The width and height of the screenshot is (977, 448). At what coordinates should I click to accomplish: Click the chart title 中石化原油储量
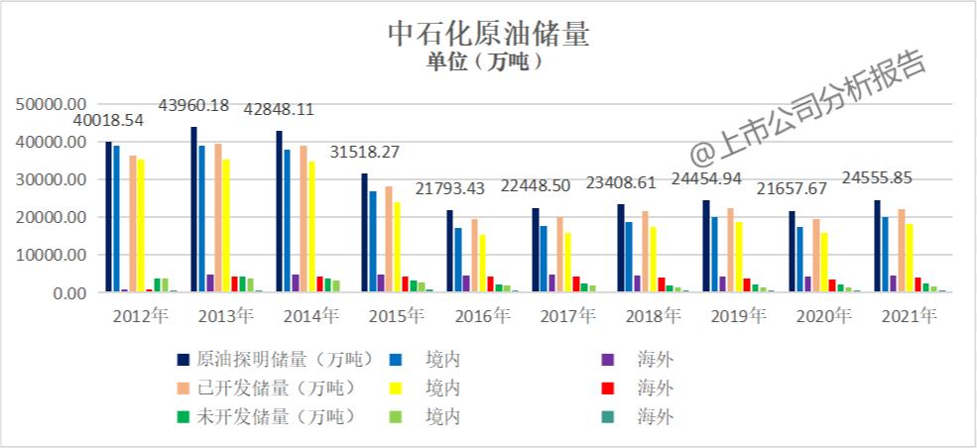click(x=488, y=35)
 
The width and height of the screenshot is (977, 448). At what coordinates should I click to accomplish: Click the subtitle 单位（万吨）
click(x=488, y=62)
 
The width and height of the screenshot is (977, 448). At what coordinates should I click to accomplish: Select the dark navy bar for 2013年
click(x=194, y=209)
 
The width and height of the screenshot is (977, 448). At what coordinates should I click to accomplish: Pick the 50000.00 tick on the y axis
click(x=56, y=104)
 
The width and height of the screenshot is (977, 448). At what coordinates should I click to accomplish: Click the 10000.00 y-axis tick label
click(x=56, y=256)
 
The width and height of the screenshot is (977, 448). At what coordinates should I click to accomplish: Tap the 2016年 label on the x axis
click(x=482, y=317)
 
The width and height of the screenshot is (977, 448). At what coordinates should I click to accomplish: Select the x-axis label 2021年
click(x=910, y=317)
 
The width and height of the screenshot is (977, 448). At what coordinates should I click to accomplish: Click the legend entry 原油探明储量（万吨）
click(x=275, y=358)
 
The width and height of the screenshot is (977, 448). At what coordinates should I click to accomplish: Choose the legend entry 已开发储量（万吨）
click(x=275, y=387)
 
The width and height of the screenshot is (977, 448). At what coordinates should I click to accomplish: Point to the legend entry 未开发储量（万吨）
click(x=275, y=415)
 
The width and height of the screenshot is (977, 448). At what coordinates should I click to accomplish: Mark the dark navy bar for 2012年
click(x=108, y=217)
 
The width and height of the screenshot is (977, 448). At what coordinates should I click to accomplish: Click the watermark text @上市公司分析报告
click(x=808, y=110)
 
